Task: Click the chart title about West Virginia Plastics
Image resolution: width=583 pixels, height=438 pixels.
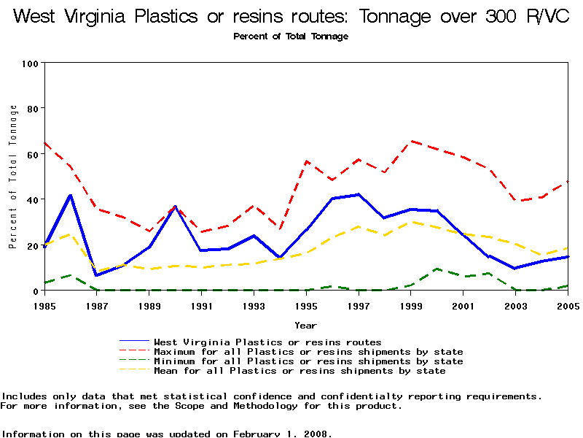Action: (x=291, y=17)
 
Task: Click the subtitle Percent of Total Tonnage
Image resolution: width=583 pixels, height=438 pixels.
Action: (x=291, y=36)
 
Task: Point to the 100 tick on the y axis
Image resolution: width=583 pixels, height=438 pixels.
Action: (x=29, y=64)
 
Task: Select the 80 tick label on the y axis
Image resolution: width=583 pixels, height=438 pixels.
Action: (x=31, y=109)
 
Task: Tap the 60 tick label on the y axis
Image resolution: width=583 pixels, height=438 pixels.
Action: (x=31, y=154)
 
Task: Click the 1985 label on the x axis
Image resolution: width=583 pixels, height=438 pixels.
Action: (x=44, y=305)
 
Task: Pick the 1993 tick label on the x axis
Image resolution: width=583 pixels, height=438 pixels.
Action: (x=254, y=305)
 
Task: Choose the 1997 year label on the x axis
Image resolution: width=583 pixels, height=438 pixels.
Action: (x=359, y=305)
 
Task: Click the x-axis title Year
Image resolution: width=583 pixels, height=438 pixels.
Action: (x=305, y=325)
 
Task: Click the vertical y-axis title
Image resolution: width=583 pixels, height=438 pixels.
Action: (x=13, y=177)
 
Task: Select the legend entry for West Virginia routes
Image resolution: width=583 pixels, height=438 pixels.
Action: (x=267, y=342)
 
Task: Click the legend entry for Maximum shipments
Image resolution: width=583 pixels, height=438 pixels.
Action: (x=308, y=352)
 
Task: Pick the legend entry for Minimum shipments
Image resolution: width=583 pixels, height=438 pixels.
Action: (x=308, y=361)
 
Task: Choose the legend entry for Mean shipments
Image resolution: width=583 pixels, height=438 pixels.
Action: (x=300, y=371)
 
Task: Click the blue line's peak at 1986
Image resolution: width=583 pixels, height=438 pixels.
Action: (x=71, y=196)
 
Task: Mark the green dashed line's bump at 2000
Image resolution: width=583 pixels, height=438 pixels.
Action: (x=437, y=269)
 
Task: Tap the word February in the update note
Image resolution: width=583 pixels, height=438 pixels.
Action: (x=258, y=434)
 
